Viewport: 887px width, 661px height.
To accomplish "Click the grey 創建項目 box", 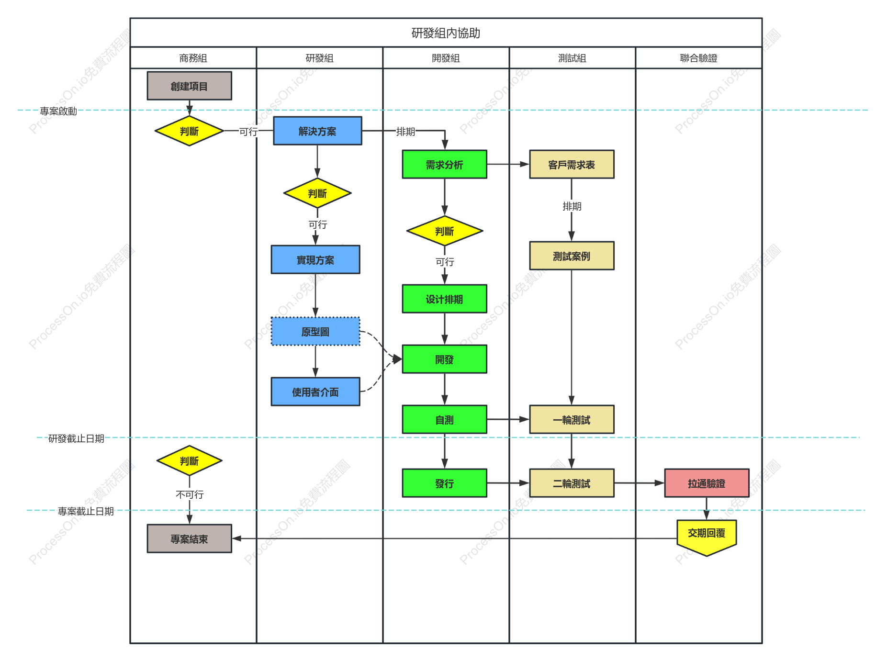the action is tap(189, 86).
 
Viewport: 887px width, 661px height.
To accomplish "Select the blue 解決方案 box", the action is tap(317, 131).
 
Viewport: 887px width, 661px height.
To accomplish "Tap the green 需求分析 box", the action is tap(444, 164).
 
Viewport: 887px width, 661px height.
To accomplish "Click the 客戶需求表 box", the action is tap(572, 164).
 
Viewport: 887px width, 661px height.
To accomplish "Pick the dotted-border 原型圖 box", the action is tap(315, 331).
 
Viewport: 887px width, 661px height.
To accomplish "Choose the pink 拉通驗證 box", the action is tap(707, 483).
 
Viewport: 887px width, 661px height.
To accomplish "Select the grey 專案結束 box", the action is tap(189, 538).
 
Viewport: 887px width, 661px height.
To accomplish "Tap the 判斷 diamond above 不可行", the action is tap(189, 460).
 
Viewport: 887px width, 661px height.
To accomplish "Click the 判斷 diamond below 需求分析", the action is tap(444, 231).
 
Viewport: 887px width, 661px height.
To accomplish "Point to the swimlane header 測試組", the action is tap(572, 58).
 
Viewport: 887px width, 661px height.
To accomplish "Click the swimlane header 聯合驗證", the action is tap(698, 58).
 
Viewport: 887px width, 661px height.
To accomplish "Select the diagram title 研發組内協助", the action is tap(446, 33).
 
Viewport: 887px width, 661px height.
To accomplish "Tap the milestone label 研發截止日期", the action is tap(76, 438).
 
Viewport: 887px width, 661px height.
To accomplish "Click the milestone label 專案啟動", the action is tap(58, 111).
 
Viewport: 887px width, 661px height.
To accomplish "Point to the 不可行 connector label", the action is tap(190, 494).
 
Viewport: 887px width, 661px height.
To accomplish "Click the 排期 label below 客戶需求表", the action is tap(572, 206).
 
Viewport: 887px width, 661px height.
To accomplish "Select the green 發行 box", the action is tap(444, 483).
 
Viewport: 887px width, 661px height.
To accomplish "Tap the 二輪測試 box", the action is tap(572, 483).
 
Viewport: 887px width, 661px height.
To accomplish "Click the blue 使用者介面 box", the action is tap(315, 392).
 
